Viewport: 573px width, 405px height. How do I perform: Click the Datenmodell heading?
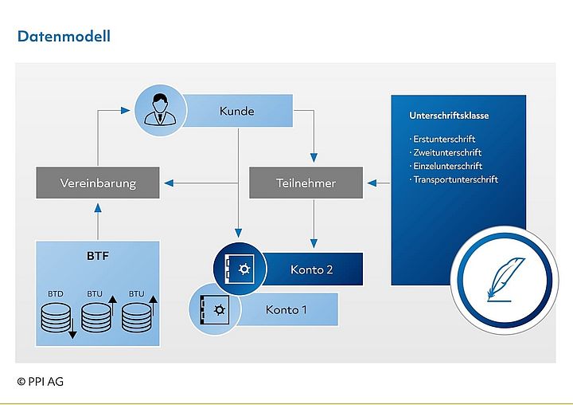tap(64, 36)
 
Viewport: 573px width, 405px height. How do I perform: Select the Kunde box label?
tap(236, 111)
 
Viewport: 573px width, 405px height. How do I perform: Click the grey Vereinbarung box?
tap(98, 183)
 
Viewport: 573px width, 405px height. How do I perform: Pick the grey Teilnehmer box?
tap(306, 183)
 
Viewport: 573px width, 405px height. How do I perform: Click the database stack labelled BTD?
tap(55, 317)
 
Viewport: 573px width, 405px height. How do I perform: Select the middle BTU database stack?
tap(95, 317)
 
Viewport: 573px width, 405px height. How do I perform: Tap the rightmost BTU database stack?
tap(136, 317)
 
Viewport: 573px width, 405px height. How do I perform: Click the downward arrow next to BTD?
tap(72, 327)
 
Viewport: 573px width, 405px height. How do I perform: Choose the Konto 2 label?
tap(311, 269)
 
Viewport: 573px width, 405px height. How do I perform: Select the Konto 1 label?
tap(286, 309)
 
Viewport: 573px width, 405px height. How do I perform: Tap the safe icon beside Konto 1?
tap(214, 309)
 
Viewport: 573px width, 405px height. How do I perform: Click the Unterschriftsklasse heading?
tap(449, 116)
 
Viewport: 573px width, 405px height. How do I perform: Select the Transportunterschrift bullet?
tap(455, 179)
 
